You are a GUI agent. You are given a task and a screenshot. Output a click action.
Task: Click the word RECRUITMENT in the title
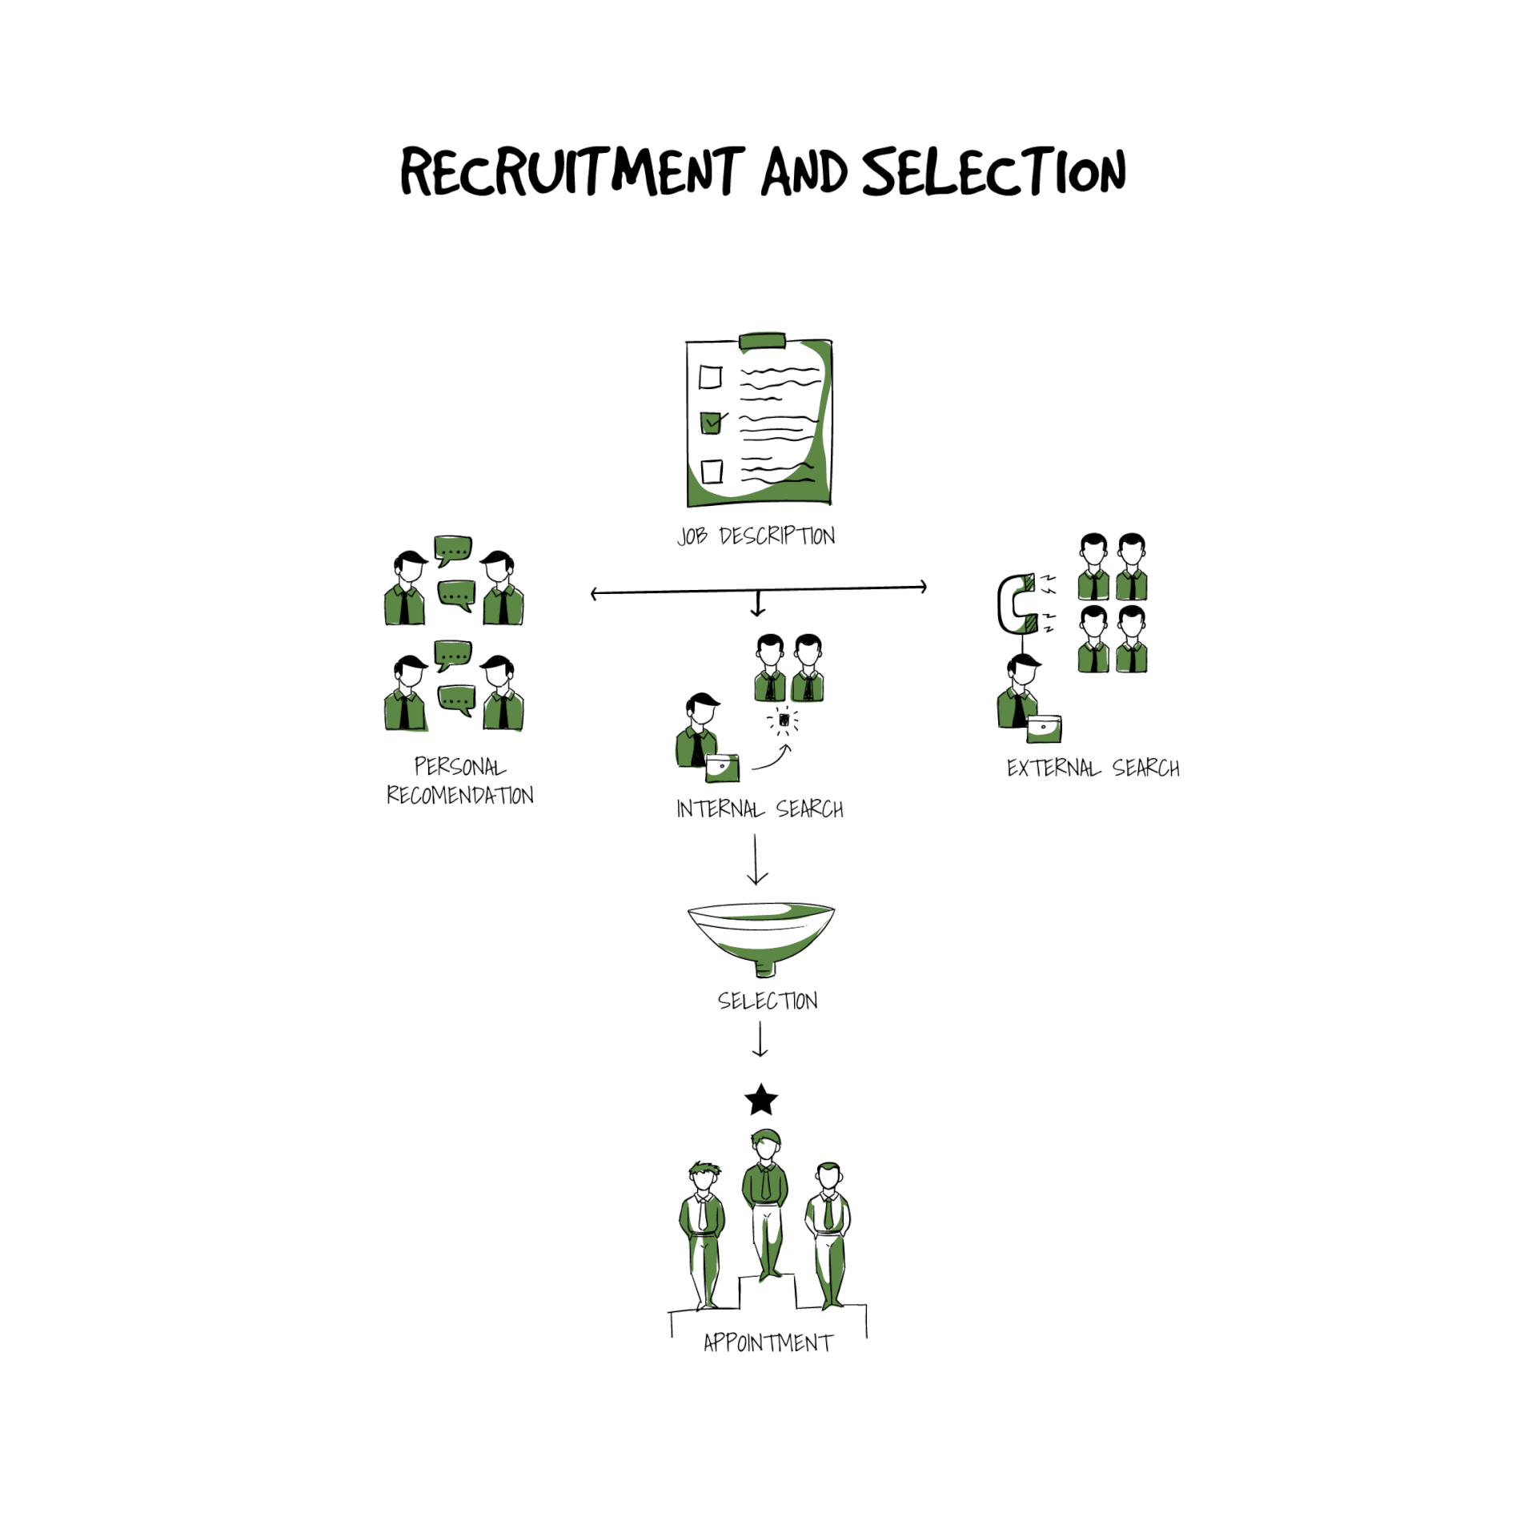point(572,171)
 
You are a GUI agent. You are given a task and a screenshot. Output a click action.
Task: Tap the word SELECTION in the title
point(994,171)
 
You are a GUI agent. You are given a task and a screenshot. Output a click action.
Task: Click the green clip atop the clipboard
point(762,342)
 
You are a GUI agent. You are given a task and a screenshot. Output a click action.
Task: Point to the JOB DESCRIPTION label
point(756,536)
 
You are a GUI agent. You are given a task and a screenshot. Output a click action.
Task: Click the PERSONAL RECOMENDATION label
point(460,781)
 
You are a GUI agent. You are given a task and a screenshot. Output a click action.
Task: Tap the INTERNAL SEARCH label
point(760,809)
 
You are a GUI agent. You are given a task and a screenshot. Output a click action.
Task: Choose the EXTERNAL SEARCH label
point(1093,768)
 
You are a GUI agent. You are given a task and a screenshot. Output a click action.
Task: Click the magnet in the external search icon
point(1017,604)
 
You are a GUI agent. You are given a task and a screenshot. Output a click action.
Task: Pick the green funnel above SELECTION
point(761,938)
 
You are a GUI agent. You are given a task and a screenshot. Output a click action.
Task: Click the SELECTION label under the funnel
point(768,1001)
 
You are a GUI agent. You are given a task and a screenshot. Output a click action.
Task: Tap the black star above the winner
point(761,1100)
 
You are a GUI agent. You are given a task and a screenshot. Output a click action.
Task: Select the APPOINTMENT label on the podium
point(768,1342)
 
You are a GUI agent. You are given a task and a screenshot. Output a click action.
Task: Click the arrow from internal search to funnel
point(756,859)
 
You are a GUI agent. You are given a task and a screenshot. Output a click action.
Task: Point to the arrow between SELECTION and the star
point(760,1041)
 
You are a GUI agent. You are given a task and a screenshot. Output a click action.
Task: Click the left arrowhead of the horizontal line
point(594,594)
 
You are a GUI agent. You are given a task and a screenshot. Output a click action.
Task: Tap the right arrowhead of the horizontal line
point(924,587)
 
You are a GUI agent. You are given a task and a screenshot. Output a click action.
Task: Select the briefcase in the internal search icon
point(722,768)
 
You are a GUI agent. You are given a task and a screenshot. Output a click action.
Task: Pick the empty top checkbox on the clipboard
point(710,377)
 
